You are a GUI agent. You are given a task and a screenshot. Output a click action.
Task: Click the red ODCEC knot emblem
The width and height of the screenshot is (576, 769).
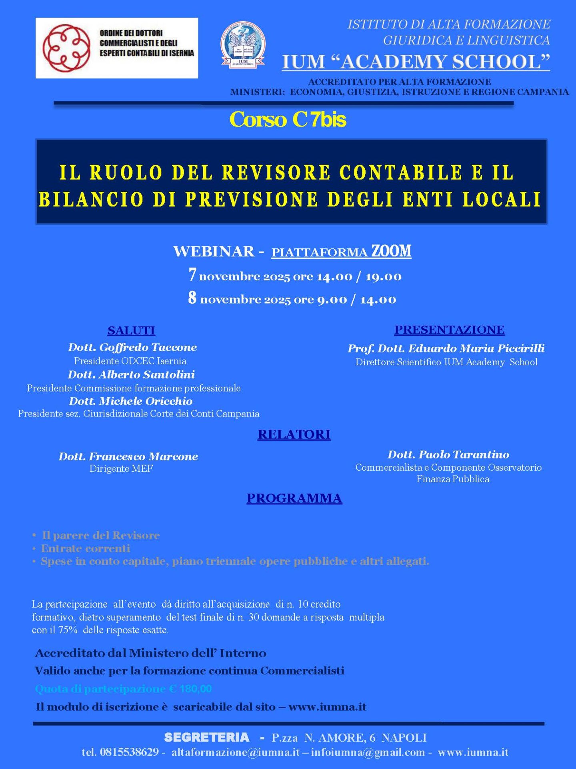(66, 48)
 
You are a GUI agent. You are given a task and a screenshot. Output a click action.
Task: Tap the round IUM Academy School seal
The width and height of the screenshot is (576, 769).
(243, 45)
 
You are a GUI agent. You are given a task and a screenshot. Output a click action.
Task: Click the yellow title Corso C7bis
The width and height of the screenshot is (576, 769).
(288, 119)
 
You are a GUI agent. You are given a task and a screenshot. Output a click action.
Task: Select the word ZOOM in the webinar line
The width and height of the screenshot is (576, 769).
(391, 251)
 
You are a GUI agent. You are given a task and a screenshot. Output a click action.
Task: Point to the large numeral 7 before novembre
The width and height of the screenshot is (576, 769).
(192, 275)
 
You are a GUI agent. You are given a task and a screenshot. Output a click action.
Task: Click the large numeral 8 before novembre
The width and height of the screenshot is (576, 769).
(192, 298)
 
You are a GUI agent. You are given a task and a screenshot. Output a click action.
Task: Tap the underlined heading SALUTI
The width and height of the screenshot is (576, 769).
(131, 330)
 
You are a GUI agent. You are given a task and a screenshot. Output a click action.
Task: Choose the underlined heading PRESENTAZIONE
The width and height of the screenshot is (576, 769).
(449, 330)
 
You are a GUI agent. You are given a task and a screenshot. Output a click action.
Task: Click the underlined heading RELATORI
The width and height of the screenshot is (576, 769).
(294, 434)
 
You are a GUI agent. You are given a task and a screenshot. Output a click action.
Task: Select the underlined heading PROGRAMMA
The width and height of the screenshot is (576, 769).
(294, 498)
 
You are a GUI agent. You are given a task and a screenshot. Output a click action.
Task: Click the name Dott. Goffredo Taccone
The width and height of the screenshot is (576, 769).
(132, 347)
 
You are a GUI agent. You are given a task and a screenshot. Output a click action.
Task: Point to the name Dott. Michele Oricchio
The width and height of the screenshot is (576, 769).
(131, 401)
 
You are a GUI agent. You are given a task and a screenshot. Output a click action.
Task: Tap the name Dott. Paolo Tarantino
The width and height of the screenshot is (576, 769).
(448, 454)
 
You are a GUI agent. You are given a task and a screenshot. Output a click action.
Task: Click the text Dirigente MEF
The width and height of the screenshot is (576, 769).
(121, 469)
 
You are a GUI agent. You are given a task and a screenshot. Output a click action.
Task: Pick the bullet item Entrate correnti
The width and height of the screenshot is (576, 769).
(86, 548)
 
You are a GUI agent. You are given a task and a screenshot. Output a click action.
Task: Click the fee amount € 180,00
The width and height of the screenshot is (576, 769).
(190, 689)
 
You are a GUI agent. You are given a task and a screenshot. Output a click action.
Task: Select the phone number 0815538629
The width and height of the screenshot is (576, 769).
(129, 752)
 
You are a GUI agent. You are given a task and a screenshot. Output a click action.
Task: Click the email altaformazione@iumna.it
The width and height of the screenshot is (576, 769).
(235, 752)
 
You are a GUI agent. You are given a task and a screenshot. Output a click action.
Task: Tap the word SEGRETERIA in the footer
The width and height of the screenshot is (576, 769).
(206, 737)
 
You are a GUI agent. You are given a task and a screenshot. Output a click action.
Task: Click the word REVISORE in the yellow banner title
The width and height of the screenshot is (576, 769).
(276, 173)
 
